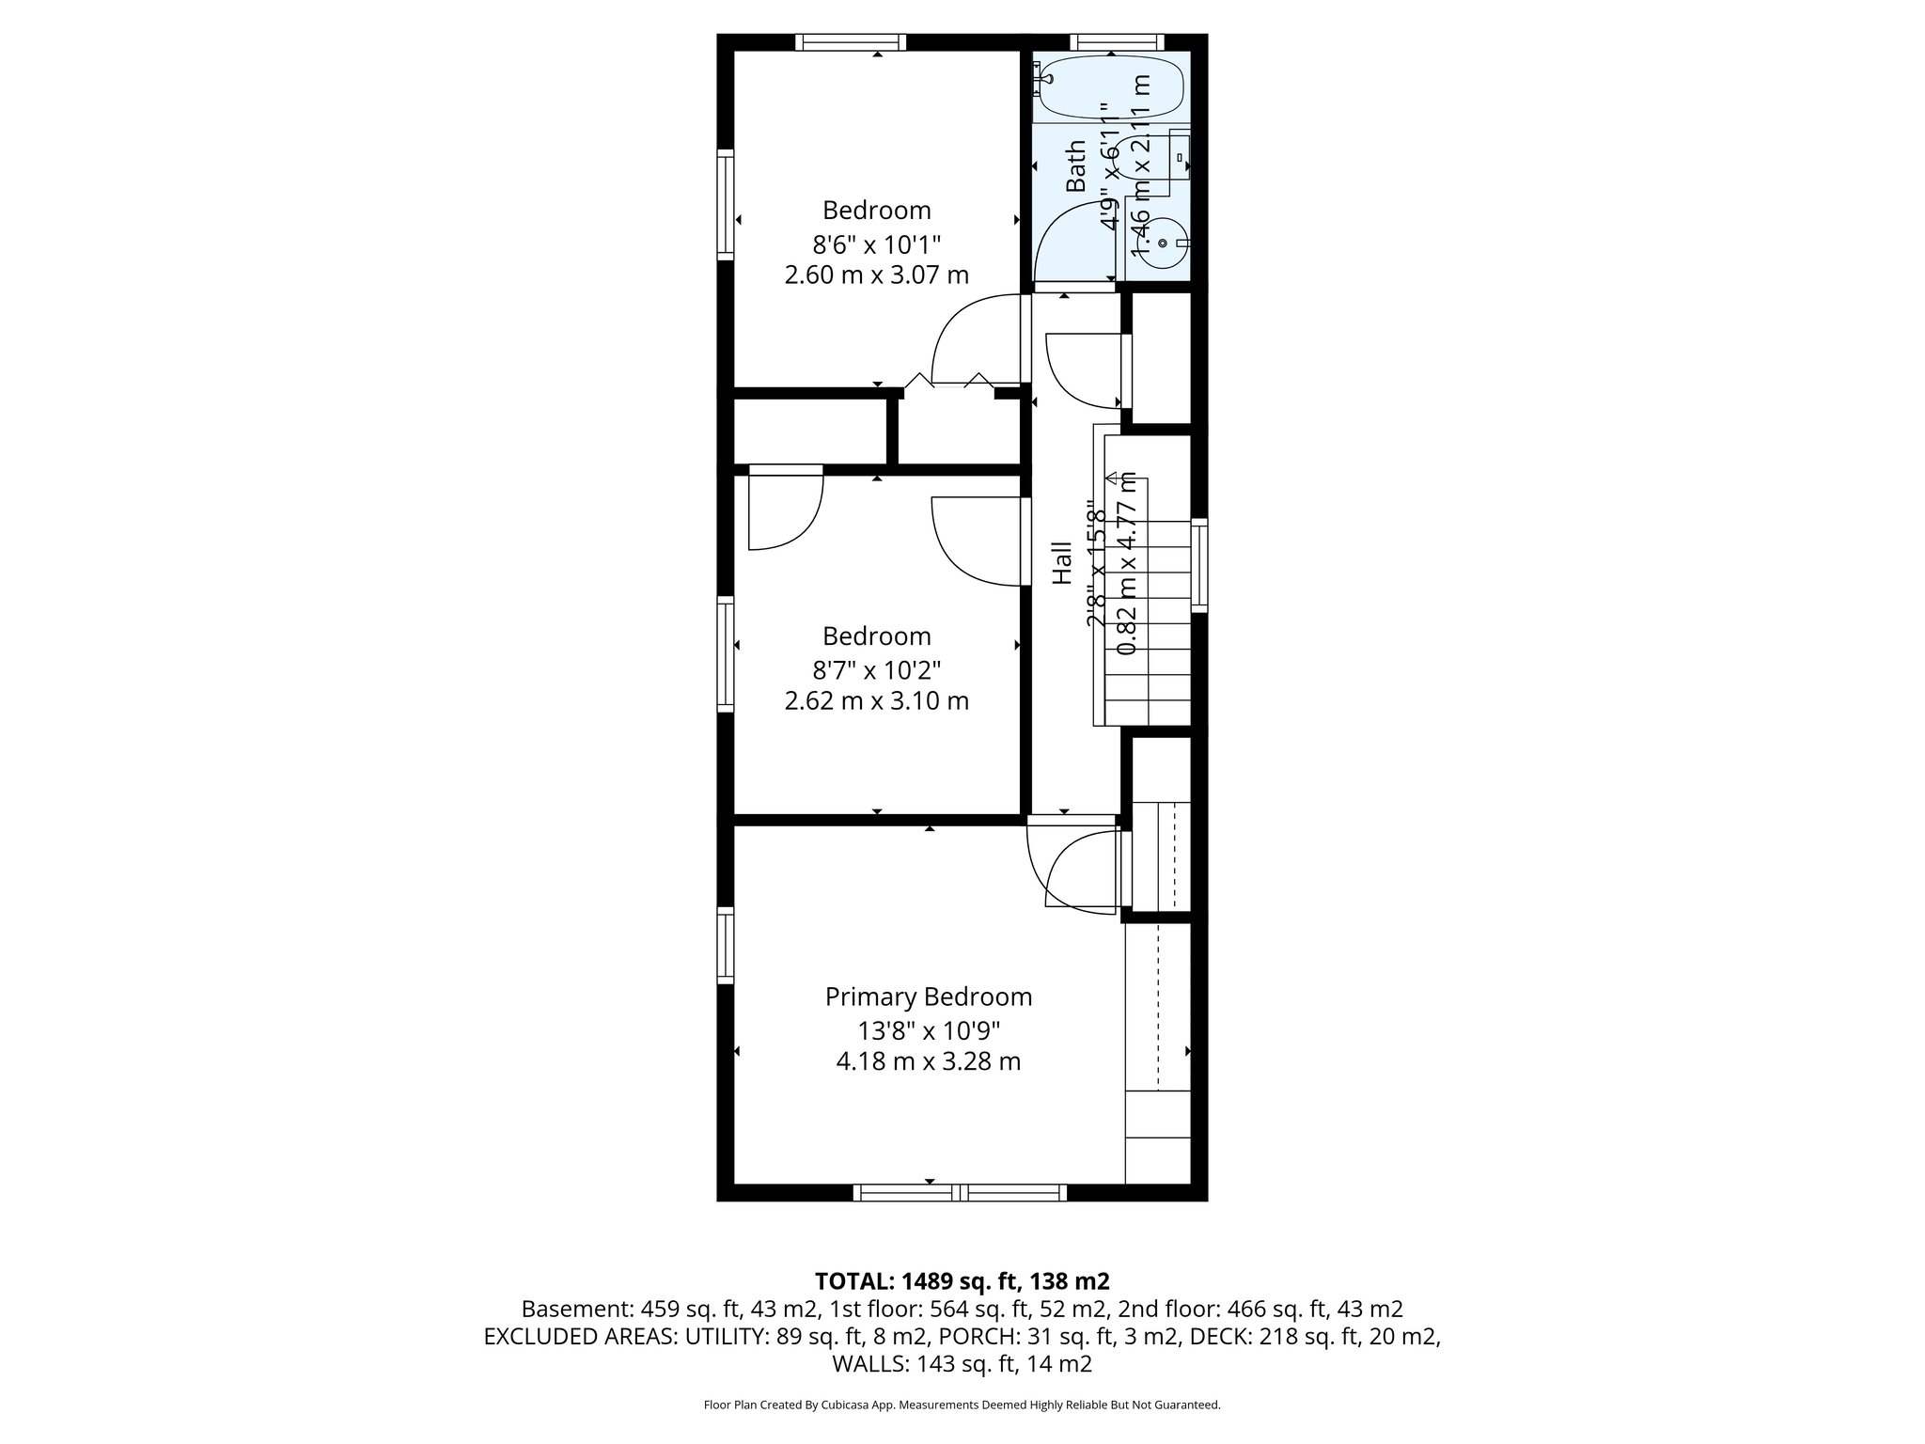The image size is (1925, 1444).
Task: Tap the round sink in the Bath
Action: click(1163, 243)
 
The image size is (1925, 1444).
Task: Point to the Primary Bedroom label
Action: click(928, 997)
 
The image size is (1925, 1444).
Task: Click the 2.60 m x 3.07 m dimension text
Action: click(876, 275)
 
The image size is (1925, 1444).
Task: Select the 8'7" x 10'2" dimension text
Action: click(876, 670)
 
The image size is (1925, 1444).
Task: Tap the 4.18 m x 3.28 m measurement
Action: click(928, 1061)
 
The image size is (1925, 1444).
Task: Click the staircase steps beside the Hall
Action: click(1148, 620)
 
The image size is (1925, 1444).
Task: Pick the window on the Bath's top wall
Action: click(1117, 42)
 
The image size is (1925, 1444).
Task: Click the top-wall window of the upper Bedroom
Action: click(851, 42)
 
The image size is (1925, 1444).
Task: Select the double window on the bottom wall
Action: click(960, 1193)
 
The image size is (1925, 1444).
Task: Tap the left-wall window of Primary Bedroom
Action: click(725, 944)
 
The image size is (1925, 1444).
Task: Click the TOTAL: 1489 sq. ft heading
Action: click(962, 1280)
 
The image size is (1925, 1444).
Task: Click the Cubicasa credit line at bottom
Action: click(962, 1405)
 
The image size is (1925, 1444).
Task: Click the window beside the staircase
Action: click(1199, 565)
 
